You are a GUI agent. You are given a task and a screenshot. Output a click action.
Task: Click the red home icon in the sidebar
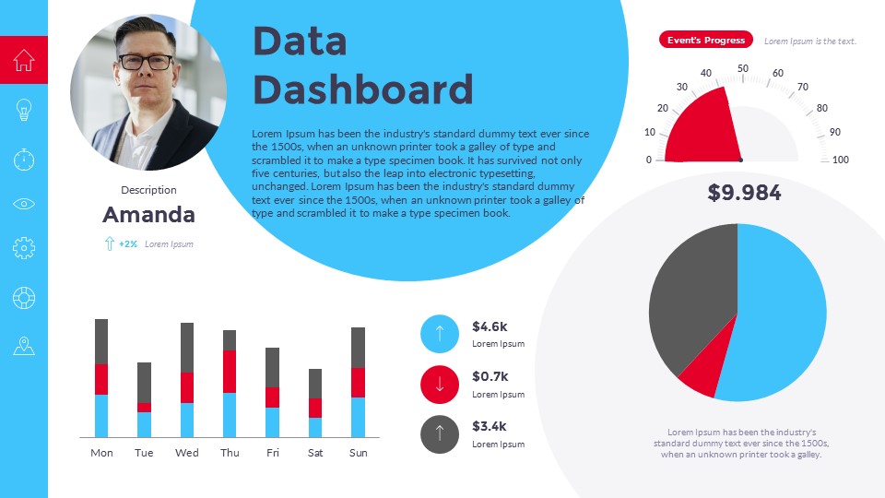[x=24, y=60]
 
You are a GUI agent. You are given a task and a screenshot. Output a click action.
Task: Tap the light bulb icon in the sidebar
[x=24, y=110]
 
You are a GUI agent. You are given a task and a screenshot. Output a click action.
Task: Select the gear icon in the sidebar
[x=24, y=247]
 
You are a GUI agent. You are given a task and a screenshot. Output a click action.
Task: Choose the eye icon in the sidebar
[x=24, y=203]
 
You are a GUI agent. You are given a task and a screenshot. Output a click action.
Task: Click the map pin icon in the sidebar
[x=24, y=346]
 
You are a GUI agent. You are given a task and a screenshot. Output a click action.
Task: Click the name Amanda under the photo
[x=148, y=215]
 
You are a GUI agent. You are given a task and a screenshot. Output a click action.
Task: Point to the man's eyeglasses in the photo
[x=146, y=63]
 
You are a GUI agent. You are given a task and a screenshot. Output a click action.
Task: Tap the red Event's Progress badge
[x=705, y=40]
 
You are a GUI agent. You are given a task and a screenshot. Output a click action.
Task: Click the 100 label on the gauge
[x=840, y=160]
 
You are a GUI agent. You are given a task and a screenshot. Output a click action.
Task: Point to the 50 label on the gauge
[x=743, y=67]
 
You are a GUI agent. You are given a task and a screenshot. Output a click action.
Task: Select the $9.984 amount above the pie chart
[x=744, y=193]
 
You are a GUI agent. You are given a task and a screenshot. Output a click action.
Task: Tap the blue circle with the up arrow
[x=440, y=334]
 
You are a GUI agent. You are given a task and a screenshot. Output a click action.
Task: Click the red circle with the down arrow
[x=440, y=384]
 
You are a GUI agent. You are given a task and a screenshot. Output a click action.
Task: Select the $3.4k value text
[x=490, y=426]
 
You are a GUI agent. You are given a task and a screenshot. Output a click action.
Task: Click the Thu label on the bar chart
[x=230, y=453]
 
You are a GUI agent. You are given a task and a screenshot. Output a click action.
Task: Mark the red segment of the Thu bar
[x=230, y=372]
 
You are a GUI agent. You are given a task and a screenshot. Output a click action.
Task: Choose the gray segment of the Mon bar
[x=101, y=341]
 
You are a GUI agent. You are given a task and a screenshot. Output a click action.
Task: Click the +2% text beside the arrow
[x=128, y=244]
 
